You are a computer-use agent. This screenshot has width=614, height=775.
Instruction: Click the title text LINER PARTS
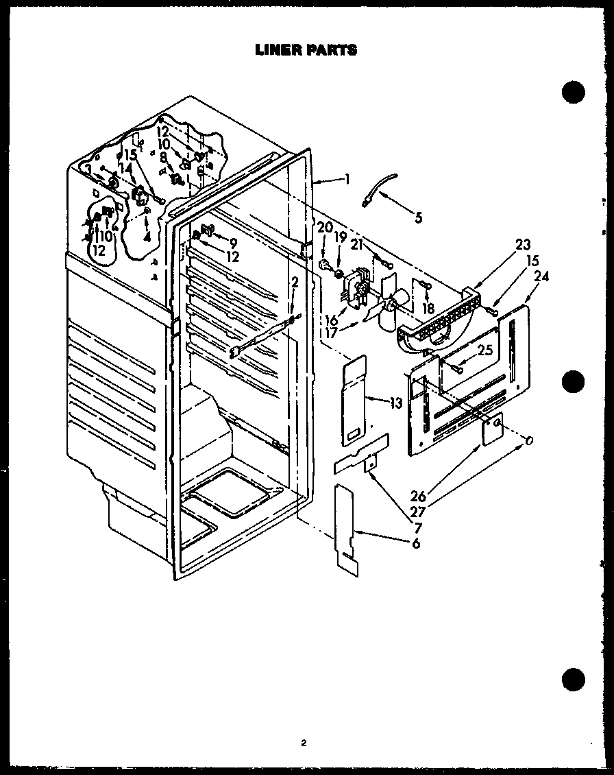click(306, 49)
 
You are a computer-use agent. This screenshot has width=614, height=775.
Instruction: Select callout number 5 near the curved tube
click(418, 219)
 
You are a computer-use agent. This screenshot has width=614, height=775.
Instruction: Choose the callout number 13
click(395, 403)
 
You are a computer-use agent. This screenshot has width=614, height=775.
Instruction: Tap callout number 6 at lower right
click(416, 543)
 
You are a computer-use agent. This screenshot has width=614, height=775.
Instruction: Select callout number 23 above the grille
click(524, 245)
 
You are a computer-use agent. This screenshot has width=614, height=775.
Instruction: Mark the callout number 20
click(324, 227)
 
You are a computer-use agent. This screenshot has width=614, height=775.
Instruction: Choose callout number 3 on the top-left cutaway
click(87, 169)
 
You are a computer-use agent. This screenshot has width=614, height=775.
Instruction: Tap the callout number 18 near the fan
click(429, 309)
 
